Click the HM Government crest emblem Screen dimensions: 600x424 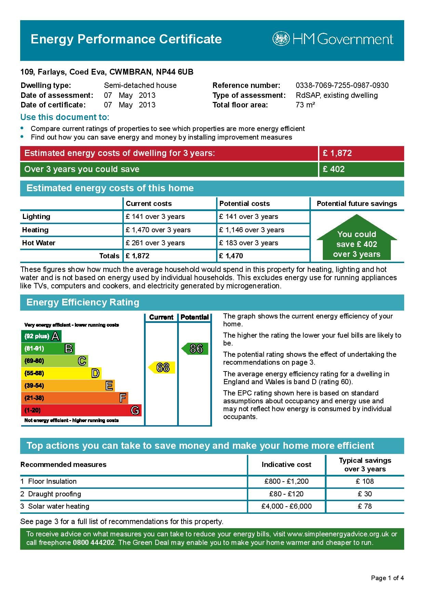pyautogui.click(x=281, y=39)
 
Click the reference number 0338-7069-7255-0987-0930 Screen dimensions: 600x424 pyautogui.click(x=342, y=86)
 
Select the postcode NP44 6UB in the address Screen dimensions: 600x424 pyautogui.click(x=174, y=72)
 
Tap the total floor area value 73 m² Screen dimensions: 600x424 pyautogui.click(x=305, y=105)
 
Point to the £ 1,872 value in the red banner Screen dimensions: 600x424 pyautogui.click(x=337, y=153)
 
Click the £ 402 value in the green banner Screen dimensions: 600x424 pyautogui.click(x=334, y=169)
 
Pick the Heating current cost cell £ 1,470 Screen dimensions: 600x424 pyautogui.click(x=158, y=230)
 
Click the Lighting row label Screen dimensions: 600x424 pyautogui.click(x=36, y=217)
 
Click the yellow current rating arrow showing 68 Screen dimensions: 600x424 pyautogui.click(x=162, y=367)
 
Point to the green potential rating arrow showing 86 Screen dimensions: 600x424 pyautogui.click(x=195, y=349)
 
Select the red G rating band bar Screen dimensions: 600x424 pyautogui.click(x=81, y=410)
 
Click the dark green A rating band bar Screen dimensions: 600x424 pyautogui.click(x=41, y=336)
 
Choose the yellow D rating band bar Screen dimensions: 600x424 pyautogui.click(x=61, y=373)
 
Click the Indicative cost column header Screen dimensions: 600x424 pyautogui.click(x=286, y=465)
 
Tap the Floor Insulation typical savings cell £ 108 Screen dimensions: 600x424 pyautogui.click(x=365, y=481)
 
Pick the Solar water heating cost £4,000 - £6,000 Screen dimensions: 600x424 pyautogui.click(x=286, y=506)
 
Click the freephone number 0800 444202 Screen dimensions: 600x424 pyautogui.click(x=93, y=543)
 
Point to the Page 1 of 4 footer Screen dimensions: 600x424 pyautogui.click(x=387, y=578)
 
